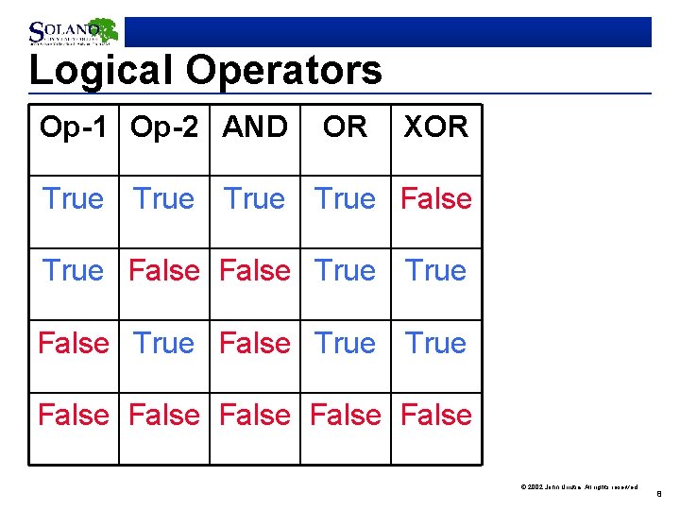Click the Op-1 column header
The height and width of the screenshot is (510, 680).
[x=74, y=127]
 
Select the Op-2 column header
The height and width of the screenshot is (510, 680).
[x=164, y=127]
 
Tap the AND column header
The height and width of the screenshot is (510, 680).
[x=255, y=127]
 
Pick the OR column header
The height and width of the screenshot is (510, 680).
[x=345, y=127]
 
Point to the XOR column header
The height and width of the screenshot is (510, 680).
[x=435, y=127]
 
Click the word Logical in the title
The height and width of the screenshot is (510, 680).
[x=102, y=71]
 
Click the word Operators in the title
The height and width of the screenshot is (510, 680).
[x=284, y=71]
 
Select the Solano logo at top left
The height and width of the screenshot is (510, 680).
[x=73, y=32]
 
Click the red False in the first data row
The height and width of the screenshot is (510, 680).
[x=435, y=199]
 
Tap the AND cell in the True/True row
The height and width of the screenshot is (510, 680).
[x=255, y=199]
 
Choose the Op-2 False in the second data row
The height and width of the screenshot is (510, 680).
[x=164, y=271]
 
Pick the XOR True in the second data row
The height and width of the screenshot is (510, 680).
[x=435, y=271]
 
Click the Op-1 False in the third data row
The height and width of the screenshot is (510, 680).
[x=74, y=343]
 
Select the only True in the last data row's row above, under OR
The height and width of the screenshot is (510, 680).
[x=345, y=343]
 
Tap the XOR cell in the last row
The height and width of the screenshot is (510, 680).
[x=435, y=415]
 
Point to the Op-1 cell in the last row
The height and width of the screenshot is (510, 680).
[x=74, y=415]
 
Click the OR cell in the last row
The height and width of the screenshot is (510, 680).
[x=345, y=415]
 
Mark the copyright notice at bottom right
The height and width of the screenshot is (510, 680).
[x=579, y=486]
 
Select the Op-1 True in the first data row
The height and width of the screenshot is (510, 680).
[x=74, y=199]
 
